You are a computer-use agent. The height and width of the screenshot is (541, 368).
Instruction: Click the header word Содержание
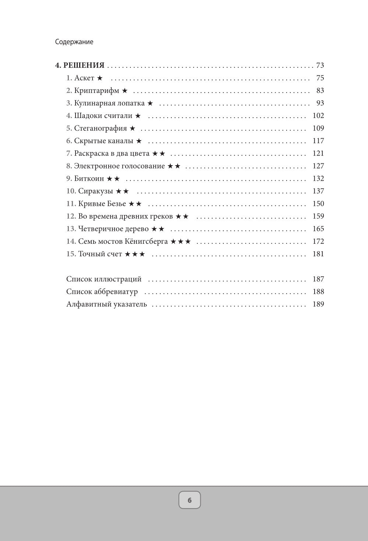point(74,42)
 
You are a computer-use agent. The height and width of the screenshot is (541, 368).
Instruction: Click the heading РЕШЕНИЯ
point(84,66)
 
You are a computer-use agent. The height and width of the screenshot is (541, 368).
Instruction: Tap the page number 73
point(320,66)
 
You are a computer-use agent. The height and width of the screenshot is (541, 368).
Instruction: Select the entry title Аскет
point(84,78)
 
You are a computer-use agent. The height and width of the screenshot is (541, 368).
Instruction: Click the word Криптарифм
point(97,91)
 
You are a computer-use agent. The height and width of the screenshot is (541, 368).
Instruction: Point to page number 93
point(320,103)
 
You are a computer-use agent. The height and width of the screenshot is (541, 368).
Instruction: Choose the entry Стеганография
point(100,128)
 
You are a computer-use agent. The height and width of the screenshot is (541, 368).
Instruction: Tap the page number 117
point(318,141)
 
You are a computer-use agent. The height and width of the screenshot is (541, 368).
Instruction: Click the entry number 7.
point(69,153)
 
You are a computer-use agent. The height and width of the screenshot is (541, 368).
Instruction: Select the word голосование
point(144,166)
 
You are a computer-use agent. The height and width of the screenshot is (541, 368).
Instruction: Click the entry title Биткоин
point(89,178)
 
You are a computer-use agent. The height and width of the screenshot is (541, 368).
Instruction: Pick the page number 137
point(318,191)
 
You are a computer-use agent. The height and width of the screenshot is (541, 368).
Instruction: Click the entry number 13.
point(71,229)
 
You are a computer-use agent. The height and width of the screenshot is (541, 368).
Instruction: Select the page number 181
point(318,254)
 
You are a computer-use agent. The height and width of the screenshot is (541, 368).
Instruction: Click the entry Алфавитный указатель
point(106,304)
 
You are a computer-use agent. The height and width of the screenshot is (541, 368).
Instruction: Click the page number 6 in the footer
point(190,500)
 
